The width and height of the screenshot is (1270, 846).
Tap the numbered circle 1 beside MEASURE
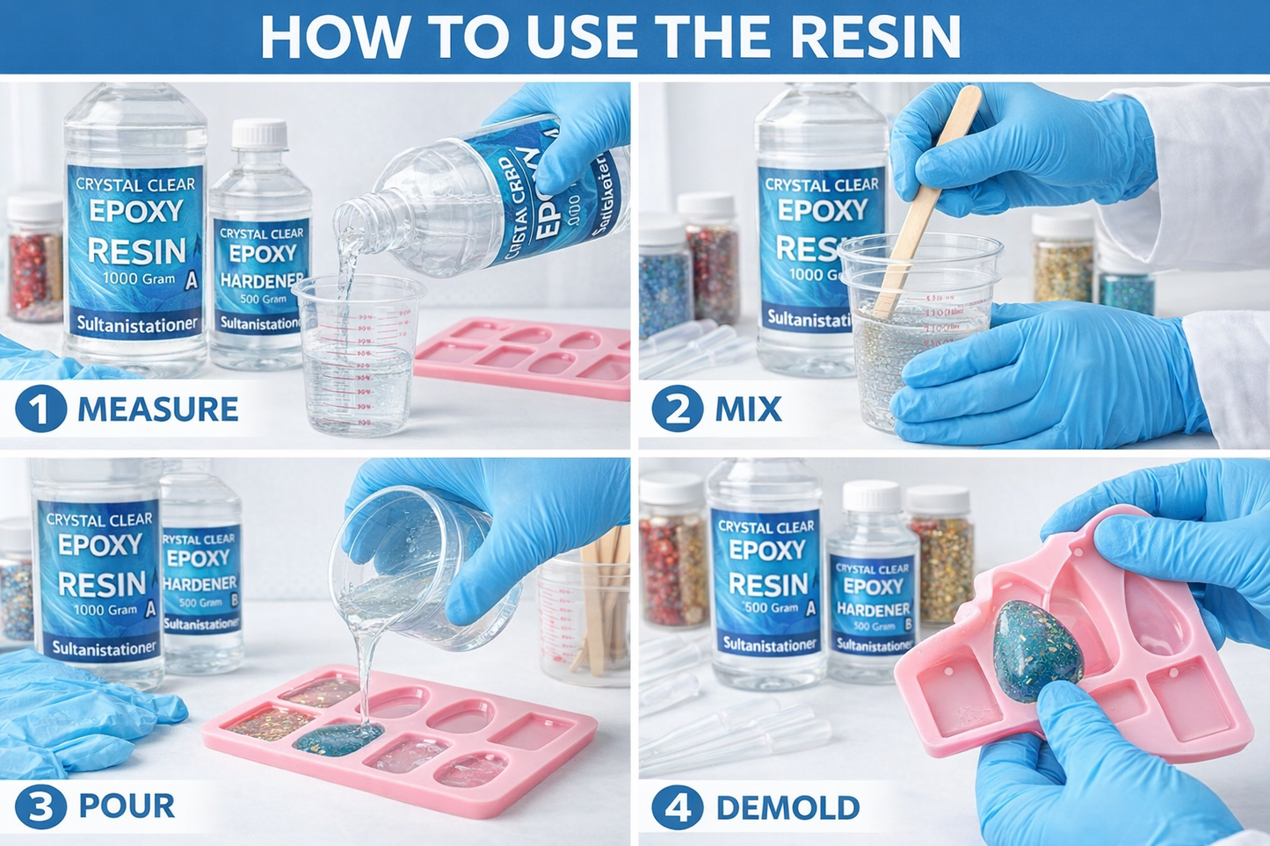tap(40, 409)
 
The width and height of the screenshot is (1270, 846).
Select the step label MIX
tap(748, 410)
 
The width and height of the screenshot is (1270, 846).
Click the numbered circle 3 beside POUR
tap(40, 806)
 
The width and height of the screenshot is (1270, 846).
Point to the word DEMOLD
tap(787, 808)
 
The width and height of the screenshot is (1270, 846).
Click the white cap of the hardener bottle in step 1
tap(259, 134)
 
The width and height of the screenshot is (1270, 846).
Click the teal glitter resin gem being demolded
tap(1037, 650)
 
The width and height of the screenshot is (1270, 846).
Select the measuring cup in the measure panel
tap(359, 356)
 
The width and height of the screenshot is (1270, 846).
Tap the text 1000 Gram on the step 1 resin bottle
tap(139, 278)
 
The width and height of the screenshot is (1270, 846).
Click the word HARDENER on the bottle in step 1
tap(261, 281)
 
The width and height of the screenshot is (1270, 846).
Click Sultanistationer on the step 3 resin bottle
tap(104, 648)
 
